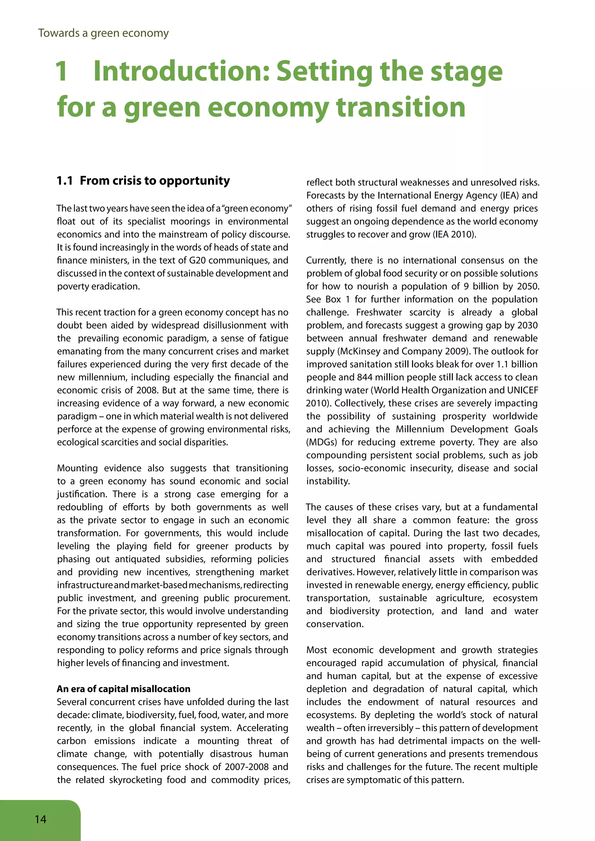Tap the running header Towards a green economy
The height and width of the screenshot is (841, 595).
(103, 33)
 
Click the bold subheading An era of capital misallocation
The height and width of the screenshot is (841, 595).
(123, 689)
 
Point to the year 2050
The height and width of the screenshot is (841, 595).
(528, 286)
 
